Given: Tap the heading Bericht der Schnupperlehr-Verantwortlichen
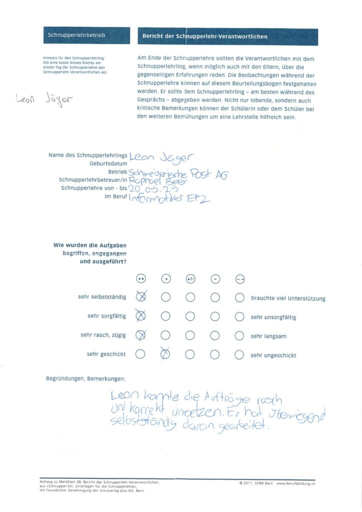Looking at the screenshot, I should [x=205, y=36].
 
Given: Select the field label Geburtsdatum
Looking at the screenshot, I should [x=108, y=163].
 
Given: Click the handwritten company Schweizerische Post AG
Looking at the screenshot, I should [x=178, y=173].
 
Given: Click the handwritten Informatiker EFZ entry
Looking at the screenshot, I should [x=170, y=199].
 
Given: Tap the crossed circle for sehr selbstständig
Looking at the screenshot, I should [x=141, y=297].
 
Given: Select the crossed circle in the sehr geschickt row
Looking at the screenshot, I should [x=165, y=354].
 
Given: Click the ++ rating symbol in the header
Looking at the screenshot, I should [x=141, y=279].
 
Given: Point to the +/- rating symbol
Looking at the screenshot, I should [x=190, y=279].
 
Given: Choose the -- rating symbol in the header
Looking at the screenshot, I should [x=239, y=279].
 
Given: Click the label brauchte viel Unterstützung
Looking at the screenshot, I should [x=288, y=298].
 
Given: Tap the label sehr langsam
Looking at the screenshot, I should [x=268, y=336].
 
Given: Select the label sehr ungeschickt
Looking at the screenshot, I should [x=273, y=355].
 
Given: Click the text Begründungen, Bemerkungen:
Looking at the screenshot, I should [x=85, y=379].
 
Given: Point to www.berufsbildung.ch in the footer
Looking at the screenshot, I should [x=296, y=483].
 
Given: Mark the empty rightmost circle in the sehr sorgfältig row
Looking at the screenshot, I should [x=239, y=316].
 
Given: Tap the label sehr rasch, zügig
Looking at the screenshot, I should [x=103, y=335].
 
